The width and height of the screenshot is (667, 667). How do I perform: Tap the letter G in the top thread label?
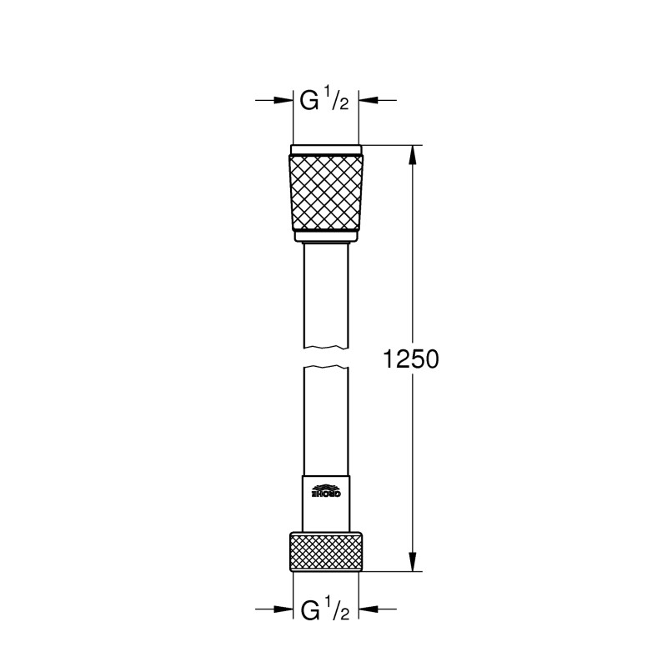tap(309, 103)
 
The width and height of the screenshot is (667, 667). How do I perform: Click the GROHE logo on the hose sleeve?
tap(326, 492)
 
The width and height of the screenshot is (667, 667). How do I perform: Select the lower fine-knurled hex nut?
tap(326, 551)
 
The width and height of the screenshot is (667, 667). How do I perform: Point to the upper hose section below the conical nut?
tap(326, 292)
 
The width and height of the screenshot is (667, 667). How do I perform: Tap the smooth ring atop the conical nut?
tap(326, 151)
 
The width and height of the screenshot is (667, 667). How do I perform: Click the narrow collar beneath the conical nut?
tap(326, 236)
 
